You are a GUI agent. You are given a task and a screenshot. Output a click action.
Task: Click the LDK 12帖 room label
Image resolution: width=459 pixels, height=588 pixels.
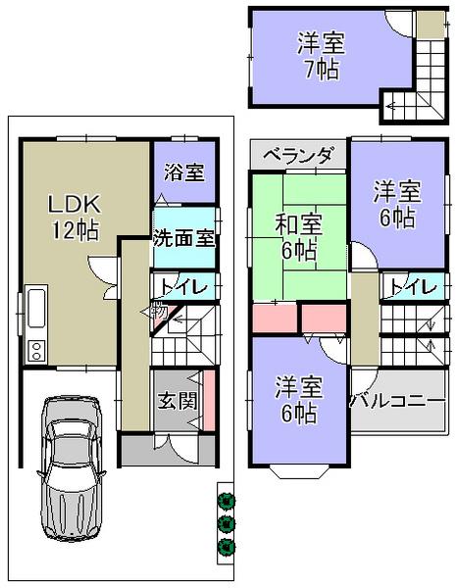75,217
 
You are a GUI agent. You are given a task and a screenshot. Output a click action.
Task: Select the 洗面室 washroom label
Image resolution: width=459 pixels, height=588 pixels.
183,237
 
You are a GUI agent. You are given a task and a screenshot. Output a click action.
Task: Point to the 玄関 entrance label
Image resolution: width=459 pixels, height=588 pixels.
177,401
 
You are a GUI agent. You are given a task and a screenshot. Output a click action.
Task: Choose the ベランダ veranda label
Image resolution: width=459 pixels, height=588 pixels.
298,155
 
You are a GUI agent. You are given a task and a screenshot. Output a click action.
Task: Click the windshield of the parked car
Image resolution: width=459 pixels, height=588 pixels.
72,450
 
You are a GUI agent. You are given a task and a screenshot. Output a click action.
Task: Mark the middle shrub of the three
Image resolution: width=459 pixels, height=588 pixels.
228,523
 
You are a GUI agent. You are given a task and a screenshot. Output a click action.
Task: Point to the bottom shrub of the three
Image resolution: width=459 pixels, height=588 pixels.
228,545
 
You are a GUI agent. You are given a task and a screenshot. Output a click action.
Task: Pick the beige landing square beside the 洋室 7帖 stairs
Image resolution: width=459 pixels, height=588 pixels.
427,24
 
